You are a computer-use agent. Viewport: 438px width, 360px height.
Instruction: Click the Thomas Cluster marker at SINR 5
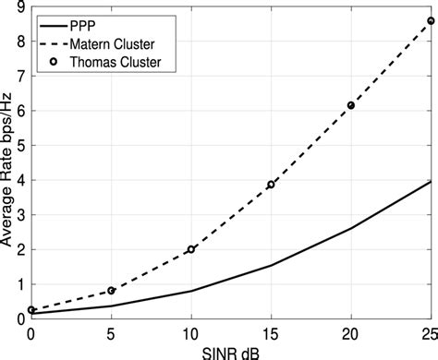pos(112,291)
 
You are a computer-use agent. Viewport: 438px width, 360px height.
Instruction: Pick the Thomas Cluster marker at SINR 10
pos(191,249)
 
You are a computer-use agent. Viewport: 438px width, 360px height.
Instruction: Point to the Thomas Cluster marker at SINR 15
pos(271,185)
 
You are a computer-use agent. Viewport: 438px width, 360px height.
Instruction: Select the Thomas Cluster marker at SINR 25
pos(431,20)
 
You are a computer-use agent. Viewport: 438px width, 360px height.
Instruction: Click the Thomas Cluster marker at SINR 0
pos(31,310)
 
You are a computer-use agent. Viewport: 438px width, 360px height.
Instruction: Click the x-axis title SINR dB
pos(231,351)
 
